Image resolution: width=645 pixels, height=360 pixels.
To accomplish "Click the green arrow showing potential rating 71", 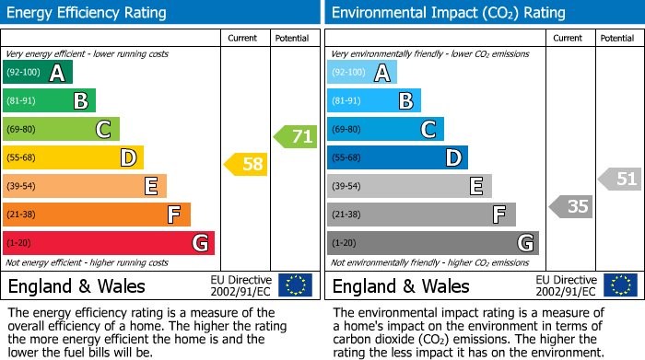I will (x=296, y=137).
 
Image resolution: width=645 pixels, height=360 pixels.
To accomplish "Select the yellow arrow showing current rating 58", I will (x=246, y=165).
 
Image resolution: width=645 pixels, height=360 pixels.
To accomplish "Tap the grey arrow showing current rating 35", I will (x=570, y=206).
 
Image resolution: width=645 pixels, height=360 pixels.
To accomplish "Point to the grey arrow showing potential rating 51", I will (x=620, y=179).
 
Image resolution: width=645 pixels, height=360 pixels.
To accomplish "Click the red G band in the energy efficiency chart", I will (x=109, y=243).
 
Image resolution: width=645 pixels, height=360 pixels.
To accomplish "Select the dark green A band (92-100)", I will (x=38, y=73).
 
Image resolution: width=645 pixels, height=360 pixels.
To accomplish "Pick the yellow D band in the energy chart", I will (x=73, y=157).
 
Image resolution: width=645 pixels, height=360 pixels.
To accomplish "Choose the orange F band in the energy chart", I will (x=97, y=215).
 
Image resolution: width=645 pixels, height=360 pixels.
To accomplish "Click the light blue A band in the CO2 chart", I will (x=362, y=73).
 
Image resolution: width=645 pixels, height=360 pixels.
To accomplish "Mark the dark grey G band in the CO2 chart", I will (x=432, y=243).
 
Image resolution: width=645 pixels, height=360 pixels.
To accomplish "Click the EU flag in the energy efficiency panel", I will (x=295, y=285).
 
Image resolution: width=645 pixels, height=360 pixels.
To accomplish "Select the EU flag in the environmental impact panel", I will (x=619, y=285).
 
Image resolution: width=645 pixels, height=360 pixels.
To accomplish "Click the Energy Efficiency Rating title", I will (x=88, y=13).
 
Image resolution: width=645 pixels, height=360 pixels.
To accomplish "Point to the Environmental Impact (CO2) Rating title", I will (x=448, y=13).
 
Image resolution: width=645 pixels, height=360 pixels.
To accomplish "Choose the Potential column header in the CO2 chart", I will (x=617, y=38).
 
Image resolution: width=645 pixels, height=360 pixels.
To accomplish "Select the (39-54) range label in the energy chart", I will (x=21, y=186).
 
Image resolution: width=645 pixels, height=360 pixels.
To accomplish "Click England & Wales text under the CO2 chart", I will (x=401, y=285).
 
